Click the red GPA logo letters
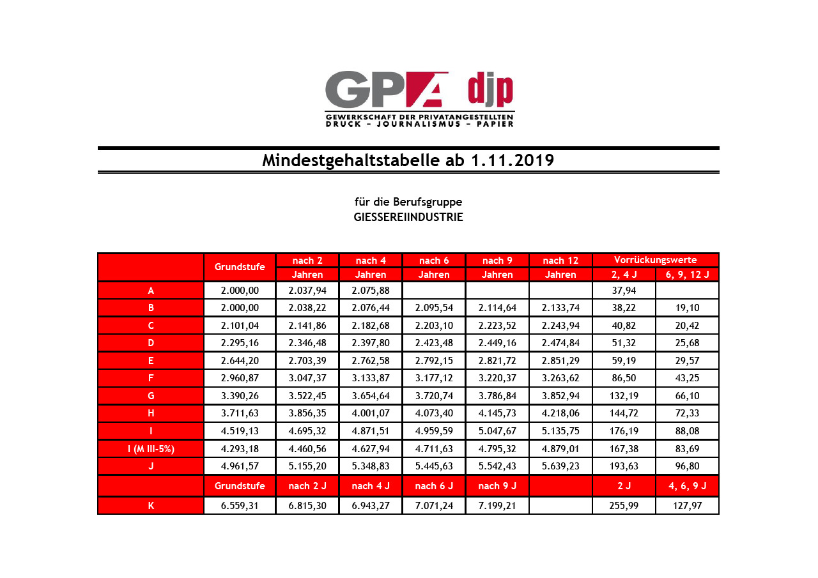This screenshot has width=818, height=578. (x=386, y=89)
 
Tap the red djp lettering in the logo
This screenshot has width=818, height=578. (x=490, y=90)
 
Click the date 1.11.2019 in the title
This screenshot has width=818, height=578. (x=511, y=160)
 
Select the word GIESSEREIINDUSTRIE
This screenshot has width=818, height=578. (x=408, y=217)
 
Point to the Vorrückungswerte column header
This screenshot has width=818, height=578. (x=655, y=260)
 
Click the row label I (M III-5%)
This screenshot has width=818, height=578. (x=151, y=448)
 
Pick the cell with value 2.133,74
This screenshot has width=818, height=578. (x=560, y=308)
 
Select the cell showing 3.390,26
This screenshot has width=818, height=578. (x=240, y=395)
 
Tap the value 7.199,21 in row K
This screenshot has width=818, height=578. (x=497, y=505)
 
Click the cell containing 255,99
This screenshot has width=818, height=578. (x=624, y=505)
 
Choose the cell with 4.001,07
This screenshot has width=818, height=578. (x=371, y=413)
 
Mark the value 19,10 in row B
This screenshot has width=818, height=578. (x=687, y=308)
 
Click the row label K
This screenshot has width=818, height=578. (x=151, y=505)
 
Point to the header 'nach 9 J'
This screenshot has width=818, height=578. (x=497, y=486)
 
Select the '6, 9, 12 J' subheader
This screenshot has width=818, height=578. (x=687, y=275)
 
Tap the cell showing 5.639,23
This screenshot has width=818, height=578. (x=560, y=466)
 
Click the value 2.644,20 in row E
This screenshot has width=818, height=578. (x=240, y=360)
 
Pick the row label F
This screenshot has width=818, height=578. (x=151, y=378)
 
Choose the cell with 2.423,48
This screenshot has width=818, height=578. (x=434, y=343)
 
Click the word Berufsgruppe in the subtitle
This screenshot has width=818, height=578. (x=428, y=202)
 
